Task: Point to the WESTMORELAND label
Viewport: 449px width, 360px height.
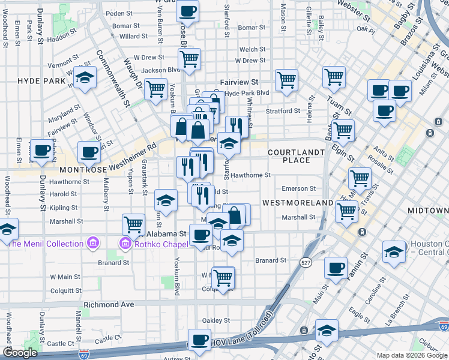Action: coord(297,203)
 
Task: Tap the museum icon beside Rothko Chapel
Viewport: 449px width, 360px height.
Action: coord(125,244)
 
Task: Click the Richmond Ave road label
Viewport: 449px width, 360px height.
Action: coord(109,304)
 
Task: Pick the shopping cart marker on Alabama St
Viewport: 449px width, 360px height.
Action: coord(133,224)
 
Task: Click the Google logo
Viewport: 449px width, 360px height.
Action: coord(20,352)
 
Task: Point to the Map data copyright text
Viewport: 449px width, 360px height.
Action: coord(411,355)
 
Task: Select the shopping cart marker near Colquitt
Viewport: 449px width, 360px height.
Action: coord(223,277)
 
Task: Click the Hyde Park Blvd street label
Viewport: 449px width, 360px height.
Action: coord(247,93)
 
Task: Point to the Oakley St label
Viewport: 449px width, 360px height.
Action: coord(216,320)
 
